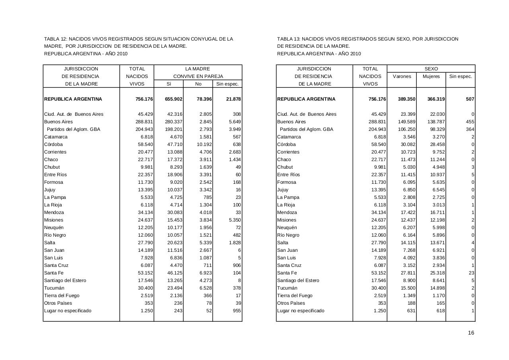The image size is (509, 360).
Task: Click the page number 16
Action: pos(471,333)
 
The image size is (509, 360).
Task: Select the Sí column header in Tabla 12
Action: pos(169,84)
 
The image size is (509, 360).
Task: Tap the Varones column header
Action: pos(402,76)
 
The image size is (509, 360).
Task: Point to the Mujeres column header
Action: pos(431,76)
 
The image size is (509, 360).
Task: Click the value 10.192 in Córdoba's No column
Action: pos(204,144)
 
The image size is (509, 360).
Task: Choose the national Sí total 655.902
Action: pos(173,99)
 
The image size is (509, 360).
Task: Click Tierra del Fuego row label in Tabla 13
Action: pos(295,296)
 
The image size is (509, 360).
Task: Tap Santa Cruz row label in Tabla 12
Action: pos(56,265)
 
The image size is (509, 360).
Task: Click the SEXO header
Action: pos(431,69)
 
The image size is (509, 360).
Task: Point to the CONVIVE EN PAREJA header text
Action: pos(198,76)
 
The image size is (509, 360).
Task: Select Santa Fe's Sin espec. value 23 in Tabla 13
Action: pos(471,273)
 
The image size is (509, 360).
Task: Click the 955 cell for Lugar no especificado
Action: pos(236,311)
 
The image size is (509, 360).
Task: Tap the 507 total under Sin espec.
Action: pos(470,99)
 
